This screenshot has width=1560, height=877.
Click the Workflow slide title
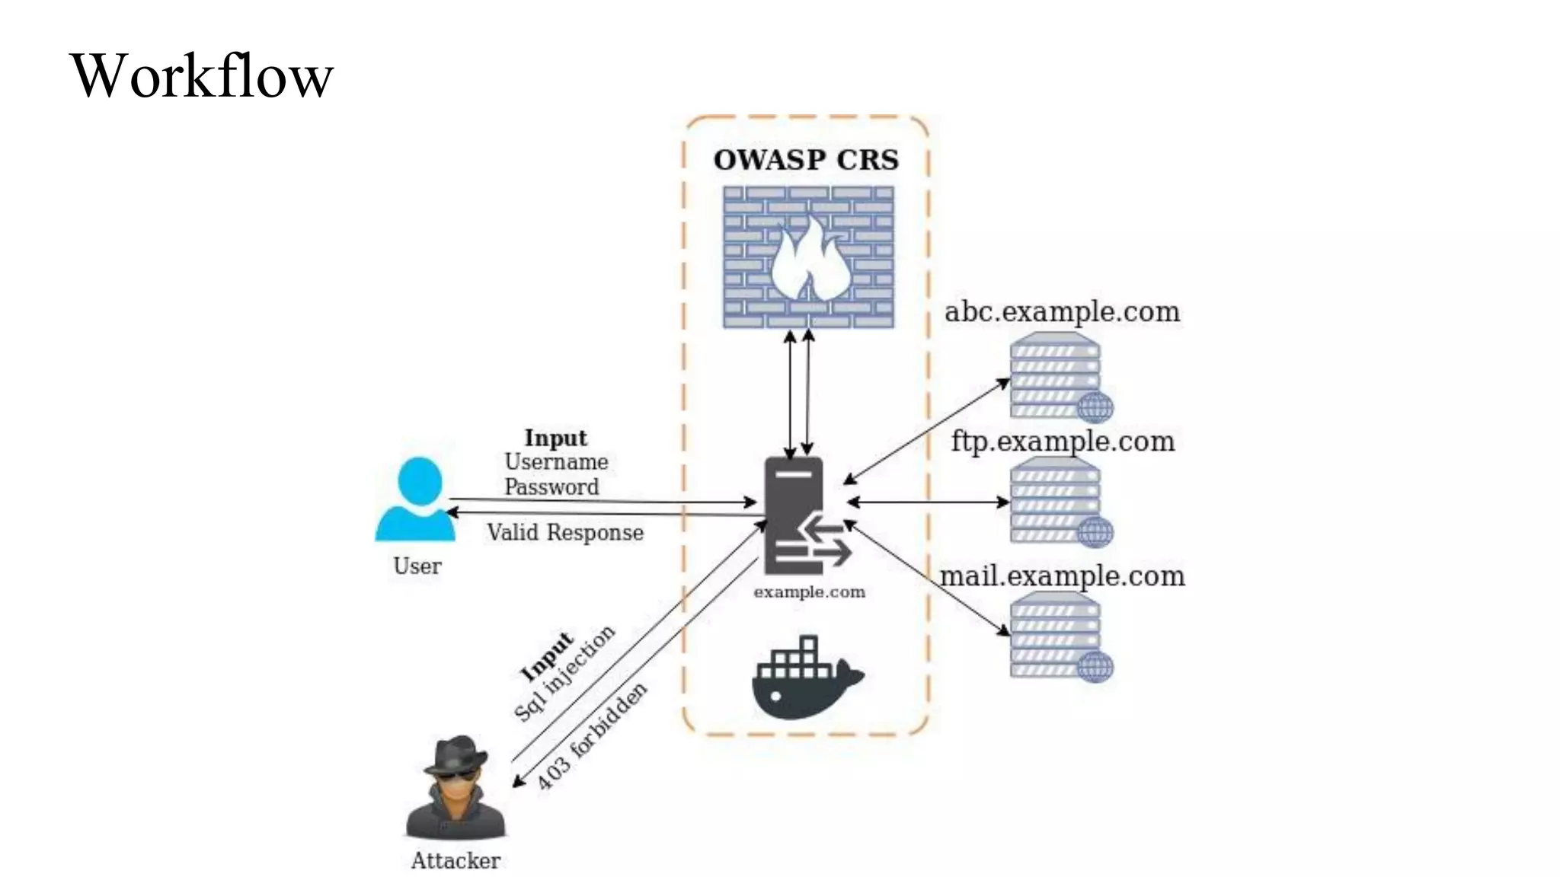point(202,75)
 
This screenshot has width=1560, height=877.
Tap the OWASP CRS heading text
point(806,160)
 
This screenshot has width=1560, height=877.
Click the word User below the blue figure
point(417,566)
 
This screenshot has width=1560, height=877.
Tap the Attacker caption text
point(456,861)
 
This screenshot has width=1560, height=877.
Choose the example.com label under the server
point(809,592)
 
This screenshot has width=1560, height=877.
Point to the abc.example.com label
point(1062,312)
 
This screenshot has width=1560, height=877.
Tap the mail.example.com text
point(1062,576)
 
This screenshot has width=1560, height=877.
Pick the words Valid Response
point(565,533)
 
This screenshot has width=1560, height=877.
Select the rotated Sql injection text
point(565,674)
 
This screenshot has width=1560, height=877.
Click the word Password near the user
point(551,487)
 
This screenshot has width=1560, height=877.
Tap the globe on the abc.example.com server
point(1095,407)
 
